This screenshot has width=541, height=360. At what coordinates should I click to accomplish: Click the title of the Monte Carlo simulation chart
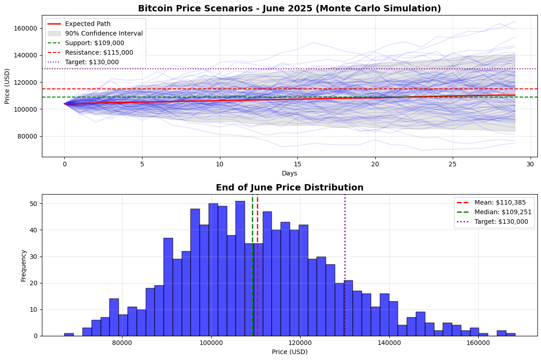[x=289, y=8]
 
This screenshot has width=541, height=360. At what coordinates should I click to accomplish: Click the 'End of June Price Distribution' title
[x=289, y=187]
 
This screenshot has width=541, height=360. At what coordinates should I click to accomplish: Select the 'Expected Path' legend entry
[x=88, y=24]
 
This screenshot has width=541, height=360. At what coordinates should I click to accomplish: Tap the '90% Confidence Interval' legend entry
[x=104, y=33]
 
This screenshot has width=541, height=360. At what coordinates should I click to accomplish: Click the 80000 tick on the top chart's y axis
[x=29, y=136]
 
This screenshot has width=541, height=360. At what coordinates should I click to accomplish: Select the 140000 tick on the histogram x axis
[x=389, y=343]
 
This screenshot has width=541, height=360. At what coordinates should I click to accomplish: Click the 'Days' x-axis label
[x=289, y=173]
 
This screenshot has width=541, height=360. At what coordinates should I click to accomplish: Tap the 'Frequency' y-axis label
[x=23, y=265]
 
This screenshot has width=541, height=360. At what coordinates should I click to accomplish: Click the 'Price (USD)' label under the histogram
[x=289, y=352]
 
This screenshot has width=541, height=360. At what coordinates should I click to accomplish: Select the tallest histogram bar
[x=240, y=269]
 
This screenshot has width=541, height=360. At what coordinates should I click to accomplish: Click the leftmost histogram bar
[x=69, y=334]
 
